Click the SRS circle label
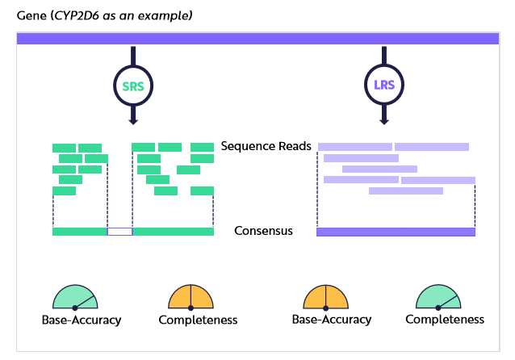[x=133, y=86]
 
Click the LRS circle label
[x=384, y=85]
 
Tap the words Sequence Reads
[x=266, y=146]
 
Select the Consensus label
[x=263, y=231]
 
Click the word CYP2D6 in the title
[x=76, y=15]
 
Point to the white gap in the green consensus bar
[x=120, y=232]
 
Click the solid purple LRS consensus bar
[x=396, y=232]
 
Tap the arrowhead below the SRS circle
[x=133, y=121]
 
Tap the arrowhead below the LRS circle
[x=384, y=121]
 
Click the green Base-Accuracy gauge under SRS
[x=75, y=297]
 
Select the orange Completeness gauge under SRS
[x=191, y=297]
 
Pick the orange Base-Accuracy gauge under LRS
[x=325, y=297]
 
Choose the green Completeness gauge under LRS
[x=438, y=297]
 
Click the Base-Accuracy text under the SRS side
[x=82, y=320]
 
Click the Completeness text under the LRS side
[x=445, y=320]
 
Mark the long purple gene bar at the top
[x=257, y=39]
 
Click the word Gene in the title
[x=31, y=15]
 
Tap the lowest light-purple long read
[x=406, y=190]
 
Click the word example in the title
[x=165, y=15]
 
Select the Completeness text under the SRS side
[x=198, y=320]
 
